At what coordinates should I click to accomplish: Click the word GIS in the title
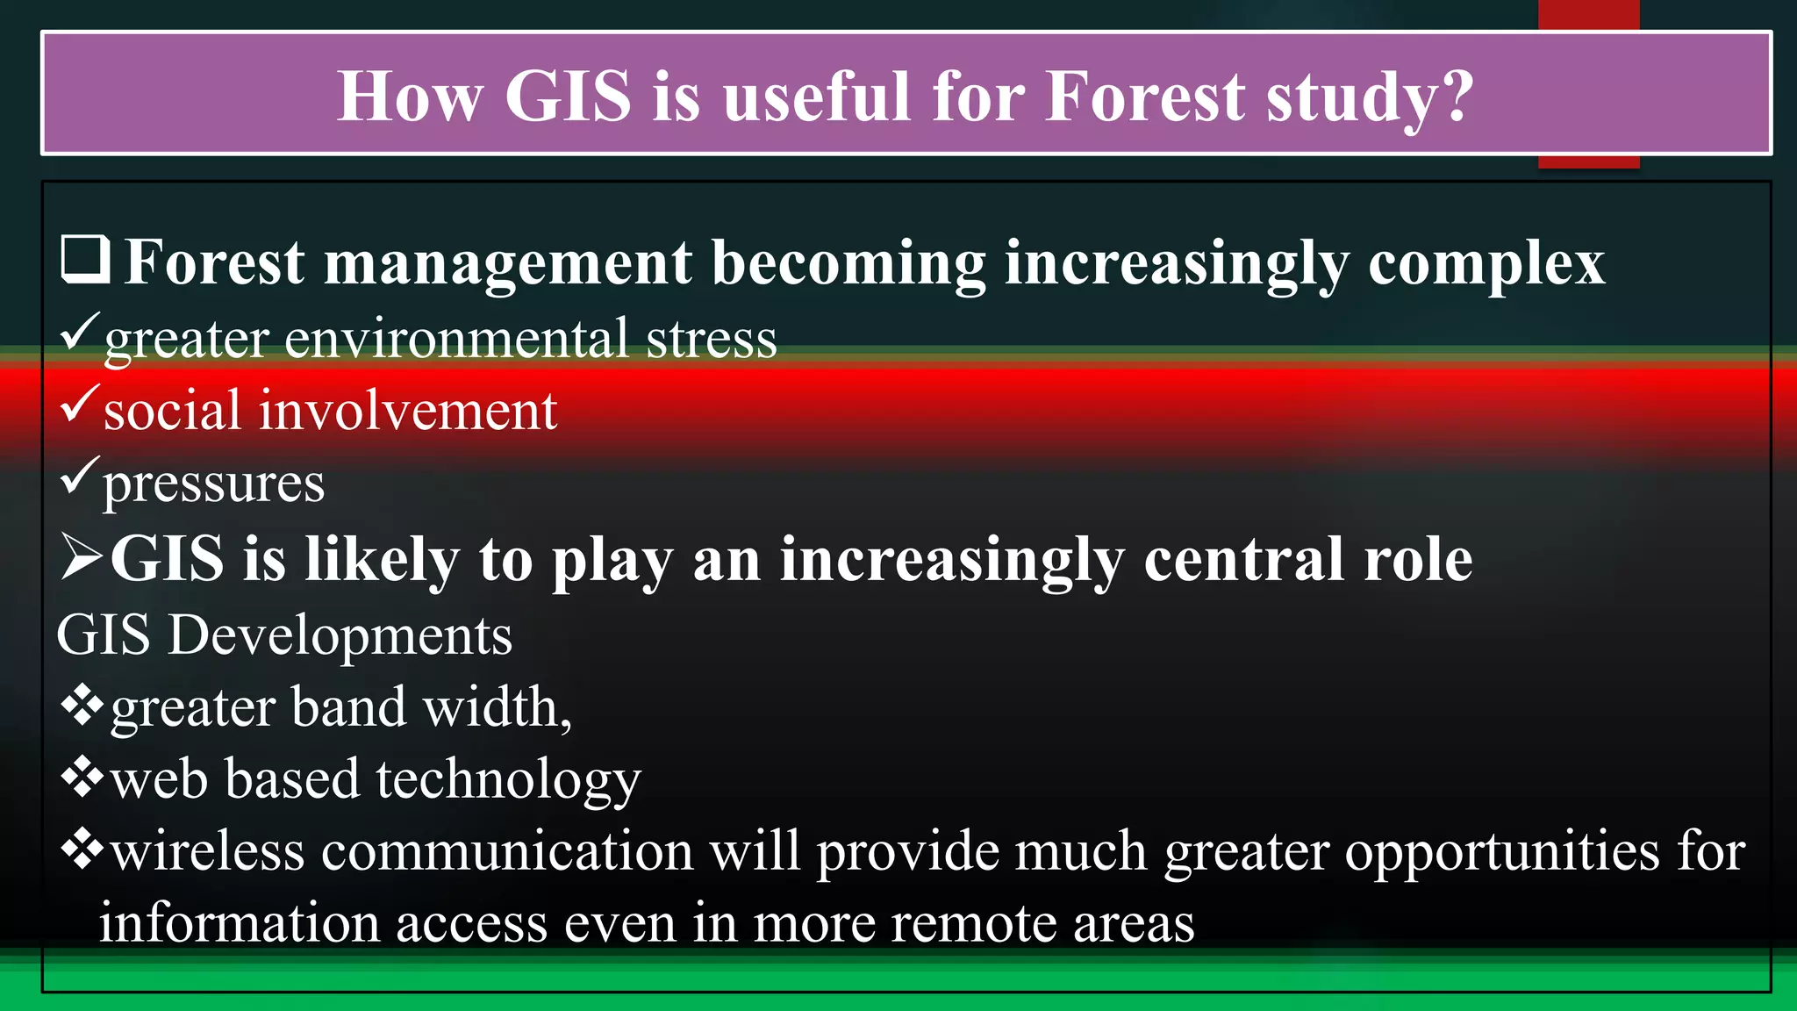point(568,96)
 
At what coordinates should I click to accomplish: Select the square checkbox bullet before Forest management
point(85,260)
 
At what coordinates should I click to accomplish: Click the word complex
point(1486,263)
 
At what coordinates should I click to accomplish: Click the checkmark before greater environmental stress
point(80,333)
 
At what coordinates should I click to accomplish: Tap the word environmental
point(456,339)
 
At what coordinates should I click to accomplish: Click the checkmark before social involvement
point(80,405)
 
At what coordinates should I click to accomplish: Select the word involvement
point(407,410)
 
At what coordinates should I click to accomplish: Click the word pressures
point(213,484)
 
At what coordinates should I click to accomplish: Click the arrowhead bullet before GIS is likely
point(82,557)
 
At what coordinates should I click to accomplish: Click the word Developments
point(340,635)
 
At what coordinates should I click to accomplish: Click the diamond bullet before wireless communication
point(82,850)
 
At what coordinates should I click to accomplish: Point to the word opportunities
point(1501,852)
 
